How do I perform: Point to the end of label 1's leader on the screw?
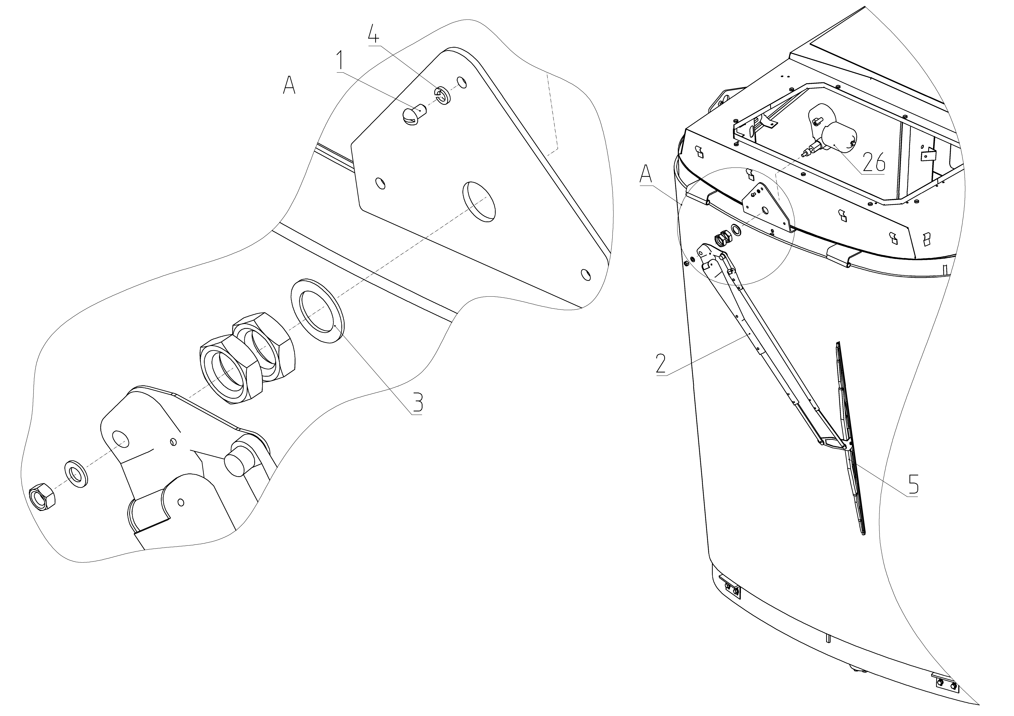tap(414, 110)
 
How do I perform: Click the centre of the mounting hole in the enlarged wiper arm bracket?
tap(120, 439)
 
